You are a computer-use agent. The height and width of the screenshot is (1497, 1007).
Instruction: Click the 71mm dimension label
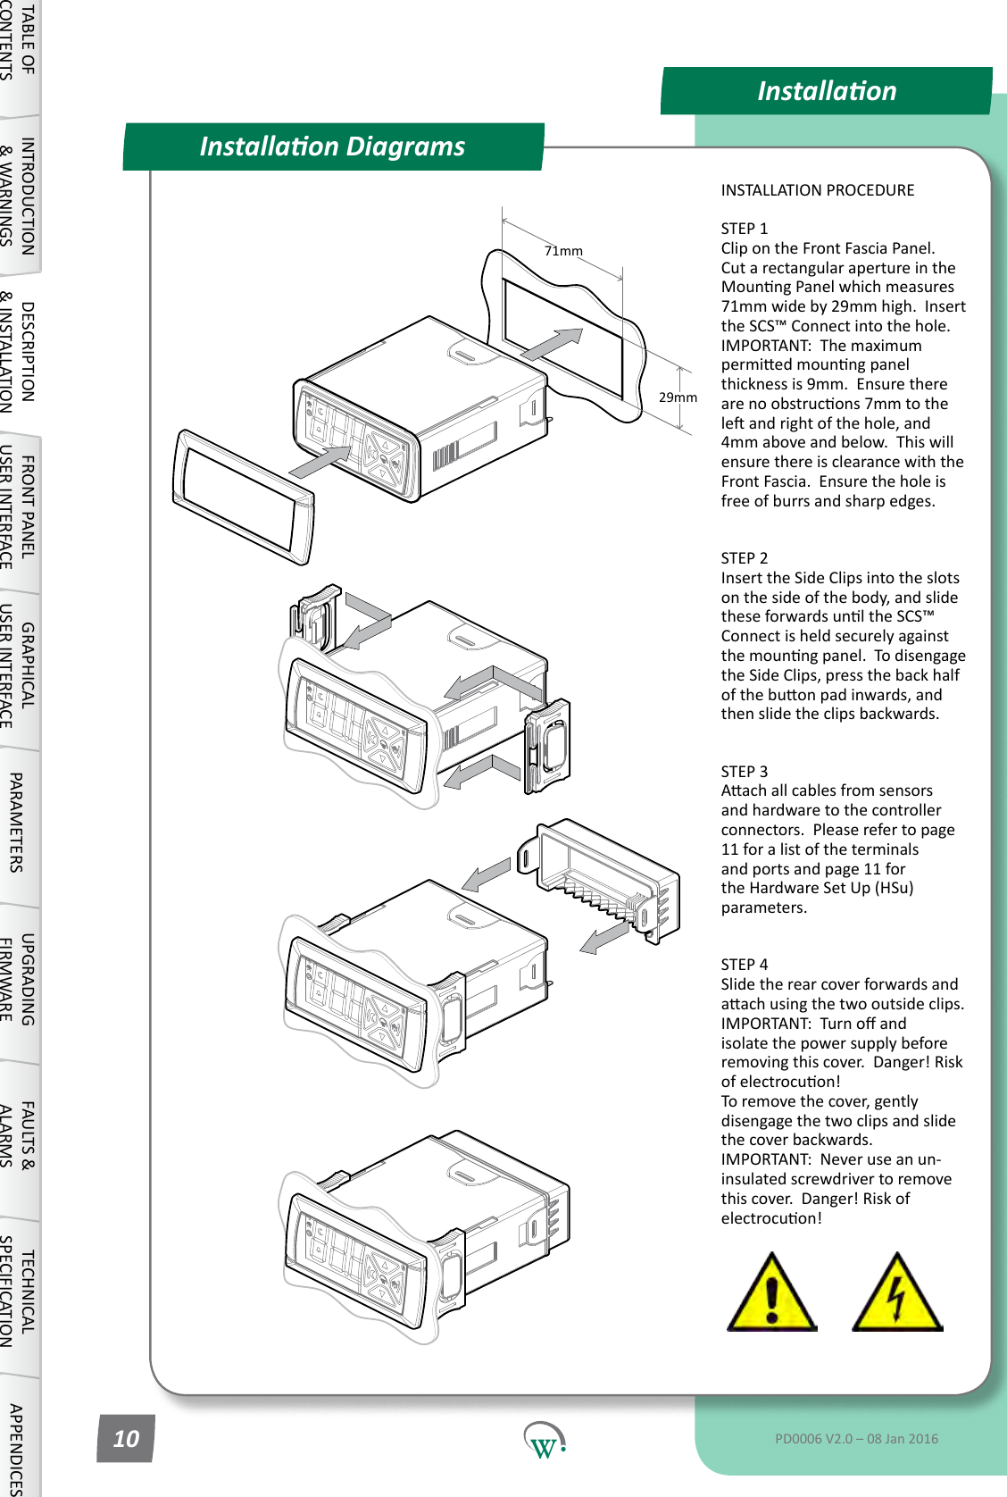click(563, 251)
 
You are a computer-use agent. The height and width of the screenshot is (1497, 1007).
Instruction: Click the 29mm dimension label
click(678, 397)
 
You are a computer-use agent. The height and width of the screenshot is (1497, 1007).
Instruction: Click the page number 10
click(126, 1438)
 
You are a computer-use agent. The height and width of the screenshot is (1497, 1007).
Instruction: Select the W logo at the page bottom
click(544, 1440)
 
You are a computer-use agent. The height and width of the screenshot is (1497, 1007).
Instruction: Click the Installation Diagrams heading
click(332, 146)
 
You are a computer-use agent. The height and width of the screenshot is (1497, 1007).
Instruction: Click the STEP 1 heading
click(745, 229)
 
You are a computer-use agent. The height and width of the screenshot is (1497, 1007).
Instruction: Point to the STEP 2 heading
click(745, 558)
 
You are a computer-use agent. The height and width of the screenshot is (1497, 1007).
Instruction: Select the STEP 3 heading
click(745, 772)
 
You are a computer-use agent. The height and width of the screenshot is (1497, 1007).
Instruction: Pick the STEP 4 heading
click(745, 965)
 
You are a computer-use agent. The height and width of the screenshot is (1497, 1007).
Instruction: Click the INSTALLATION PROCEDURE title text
click(817, 190)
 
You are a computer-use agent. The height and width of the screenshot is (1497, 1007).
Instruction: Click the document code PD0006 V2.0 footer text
click(856, 1438)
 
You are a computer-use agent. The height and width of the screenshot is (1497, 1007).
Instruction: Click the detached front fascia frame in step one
click(243, 497)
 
